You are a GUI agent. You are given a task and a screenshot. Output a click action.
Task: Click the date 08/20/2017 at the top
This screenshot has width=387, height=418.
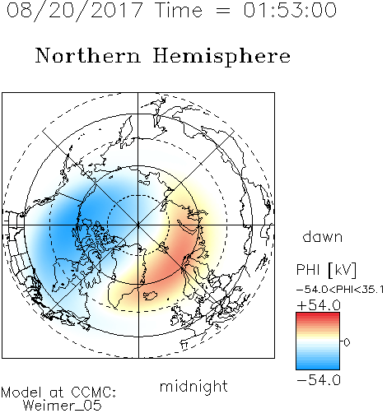click(74, 11)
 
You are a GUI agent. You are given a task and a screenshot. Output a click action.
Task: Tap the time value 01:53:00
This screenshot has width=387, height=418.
click(290, 10)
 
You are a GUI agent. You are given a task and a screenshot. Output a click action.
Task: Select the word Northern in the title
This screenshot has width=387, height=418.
click(88, 56)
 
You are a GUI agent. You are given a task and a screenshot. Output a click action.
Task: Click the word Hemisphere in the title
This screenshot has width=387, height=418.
click(221, 57)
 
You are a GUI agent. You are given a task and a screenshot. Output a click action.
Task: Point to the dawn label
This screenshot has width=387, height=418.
click(323, 237)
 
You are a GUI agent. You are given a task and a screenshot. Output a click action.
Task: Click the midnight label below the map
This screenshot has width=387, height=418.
click(193, 387)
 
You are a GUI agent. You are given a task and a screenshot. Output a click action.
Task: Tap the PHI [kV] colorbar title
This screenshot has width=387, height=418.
click(326, 270)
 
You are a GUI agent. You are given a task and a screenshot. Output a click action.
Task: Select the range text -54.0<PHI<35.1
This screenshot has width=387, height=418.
click(340, 290)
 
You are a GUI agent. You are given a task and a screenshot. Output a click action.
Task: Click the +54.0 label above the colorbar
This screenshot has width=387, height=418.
click(319, 305)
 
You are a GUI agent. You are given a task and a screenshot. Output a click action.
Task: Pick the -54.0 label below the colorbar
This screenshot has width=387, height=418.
click(319, 380)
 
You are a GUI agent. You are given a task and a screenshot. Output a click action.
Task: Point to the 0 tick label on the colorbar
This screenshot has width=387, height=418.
click(347, 342)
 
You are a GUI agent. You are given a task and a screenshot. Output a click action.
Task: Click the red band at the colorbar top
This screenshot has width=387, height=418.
click(318, 315)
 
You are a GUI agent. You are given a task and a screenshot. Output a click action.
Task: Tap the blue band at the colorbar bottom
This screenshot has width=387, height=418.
click(318, 366)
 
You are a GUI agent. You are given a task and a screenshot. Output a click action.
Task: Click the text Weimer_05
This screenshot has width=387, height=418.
click(63, 406)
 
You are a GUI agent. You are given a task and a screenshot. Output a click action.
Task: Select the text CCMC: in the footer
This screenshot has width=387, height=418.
click(93, 392)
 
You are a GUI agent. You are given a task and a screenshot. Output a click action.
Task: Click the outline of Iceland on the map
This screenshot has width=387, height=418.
click(150, 295)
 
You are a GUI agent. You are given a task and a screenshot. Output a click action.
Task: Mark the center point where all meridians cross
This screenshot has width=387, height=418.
click(138, 225)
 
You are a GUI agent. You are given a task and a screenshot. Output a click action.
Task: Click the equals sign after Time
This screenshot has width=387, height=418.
click(222, 11)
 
